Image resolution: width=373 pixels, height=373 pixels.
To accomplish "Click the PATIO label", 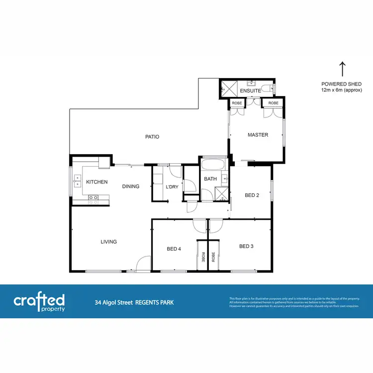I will tap(152, 137).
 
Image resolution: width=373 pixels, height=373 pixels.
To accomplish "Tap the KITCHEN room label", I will tap(96, 182).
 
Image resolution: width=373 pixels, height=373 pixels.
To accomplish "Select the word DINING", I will tap(131, 186).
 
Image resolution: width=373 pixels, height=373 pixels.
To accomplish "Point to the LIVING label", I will tap(108, 242).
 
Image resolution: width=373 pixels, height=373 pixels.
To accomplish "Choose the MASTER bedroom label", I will tap(258, 135).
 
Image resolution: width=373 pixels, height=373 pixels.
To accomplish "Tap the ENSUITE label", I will tap(250, 92).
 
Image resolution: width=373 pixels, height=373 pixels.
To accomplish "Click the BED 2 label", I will tap(252, 195).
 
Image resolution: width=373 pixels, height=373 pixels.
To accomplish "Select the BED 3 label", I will tap(247, 246).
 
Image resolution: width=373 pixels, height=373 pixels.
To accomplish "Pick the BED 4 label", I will tap(174, 249).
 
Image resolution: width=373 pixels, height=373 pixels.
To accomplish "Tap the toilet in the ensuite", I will tap(267, 89).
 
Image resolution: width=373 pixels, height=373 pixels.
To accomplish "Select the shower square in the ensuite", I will tap(229, 89).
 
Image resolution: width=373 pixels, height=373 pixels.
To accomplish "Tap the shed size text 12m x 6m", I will tap(341, 90).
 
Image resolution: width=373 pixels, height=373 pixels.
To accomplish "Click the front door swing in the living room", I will tap(143, 264).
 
